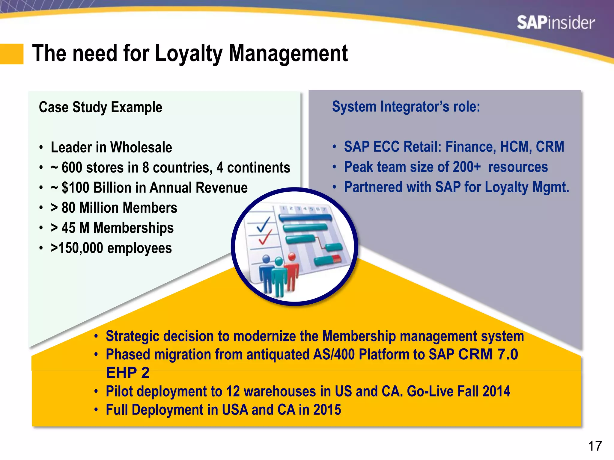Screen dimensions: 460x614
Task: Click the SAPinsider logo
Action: pos(556,23)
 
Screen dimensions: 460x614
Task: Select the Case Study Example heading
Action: pos(100,107)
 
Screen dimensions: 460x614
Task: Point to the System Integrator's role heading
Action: pos(406,107)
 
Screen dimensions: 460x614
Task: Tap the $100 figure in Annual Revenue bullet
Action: pos(75,188)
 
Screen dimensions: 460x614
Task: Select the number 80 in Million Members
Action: pos(68,208)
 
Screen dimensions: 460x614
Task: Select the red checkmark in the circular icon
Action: pos(265,237)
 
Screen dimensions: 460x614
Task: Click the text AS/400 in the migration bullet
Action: pos(334,355)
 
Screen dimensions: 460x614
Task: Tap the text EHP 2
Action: pos(127,373)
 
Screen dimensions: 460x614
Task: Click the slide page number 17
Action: pos(595,446)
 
